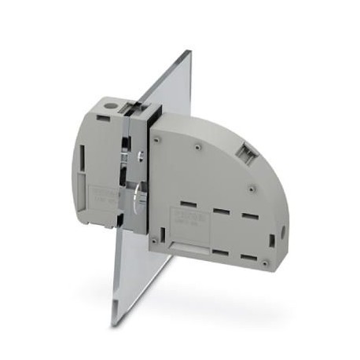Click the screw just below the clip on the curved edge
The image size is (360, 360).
251,187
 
